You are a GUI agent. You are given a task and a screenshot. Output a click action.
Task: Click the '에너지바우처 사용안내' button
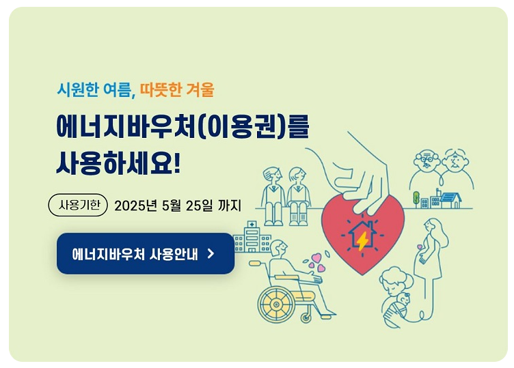tap(145, 253)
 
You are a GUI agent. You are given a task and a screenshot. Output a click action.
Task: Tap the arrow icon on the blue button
tap(211, 254)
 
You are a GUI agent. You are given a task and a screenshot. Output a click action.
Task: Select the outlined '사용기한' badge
tap(79, 205)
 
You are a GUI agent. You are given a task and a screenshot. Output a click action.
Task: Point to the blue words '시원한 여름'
tap(95, 89)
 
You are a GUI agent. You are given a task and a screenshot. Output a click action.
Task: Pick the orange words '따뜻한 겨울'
tap(177, 89)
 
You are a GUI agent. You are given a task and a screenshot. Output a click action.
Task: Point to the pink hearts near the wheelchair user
tap(315, 262)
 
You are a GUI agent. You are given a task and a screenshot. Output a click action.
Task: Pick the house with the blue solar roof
tap(451, 199)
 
